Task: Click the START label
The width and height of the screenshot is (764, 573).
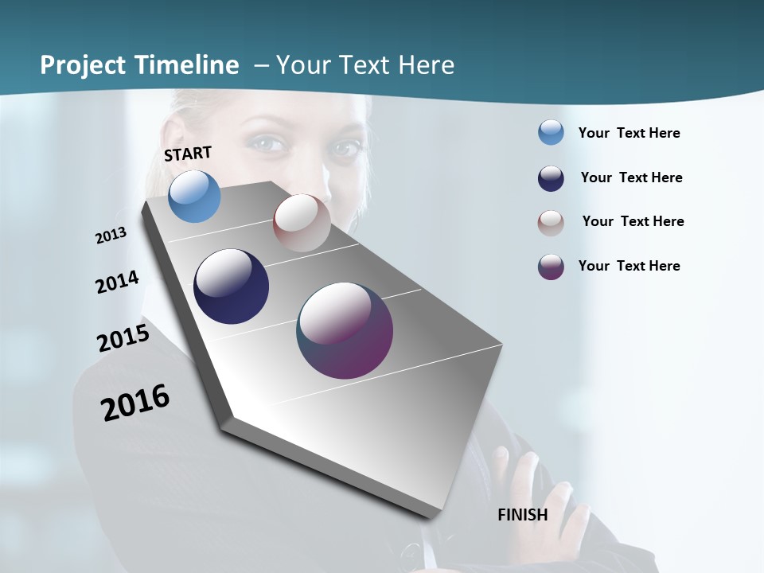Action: tap(188, 154)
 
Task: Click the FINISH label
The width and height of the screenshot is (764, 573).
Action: tap(523, 515)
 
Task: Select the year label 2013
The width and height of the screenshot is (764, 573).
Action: tap(111, 236)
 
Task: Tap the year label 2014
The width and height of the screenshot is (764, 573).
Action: tap(117, 283)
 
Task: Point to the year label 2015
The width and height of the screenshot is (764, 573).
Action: tap(123, 338)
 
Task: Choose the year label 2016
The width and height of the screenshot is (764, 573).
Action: tap(135, 403)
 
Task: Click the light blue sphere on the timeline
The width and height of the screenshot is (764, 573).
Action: tap(195, 196)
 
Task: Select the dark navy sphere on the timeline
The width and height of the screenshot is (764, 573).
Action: tap(231, 286)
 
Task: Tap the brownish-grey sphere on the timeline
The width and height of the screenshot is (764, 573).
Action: tap(302, 222)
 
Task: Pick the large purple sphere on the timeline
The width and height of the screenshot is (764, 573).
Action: tap(345, 330)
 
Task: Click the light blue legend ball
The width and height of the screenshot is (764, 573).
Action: tap(551, 132)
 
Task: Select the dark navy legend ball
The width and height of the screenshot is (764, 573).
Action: tap(551, 178)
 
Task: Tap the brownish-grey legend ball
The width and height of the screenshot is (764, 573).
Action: tap(551, 223)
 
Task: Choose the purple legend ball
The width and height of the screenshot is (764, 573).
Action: tap(551, 267)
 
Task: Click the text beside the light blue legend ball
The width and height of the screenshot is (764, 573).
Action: tap(629, 133)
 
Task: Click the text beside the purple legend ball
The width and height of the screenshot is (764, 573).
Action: tap(629, 266)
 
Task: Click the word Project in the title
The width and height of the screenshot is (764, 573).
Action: tap(84, 65)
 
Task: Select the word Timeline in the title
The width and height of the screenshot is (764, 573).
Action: tap(189, 65)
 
